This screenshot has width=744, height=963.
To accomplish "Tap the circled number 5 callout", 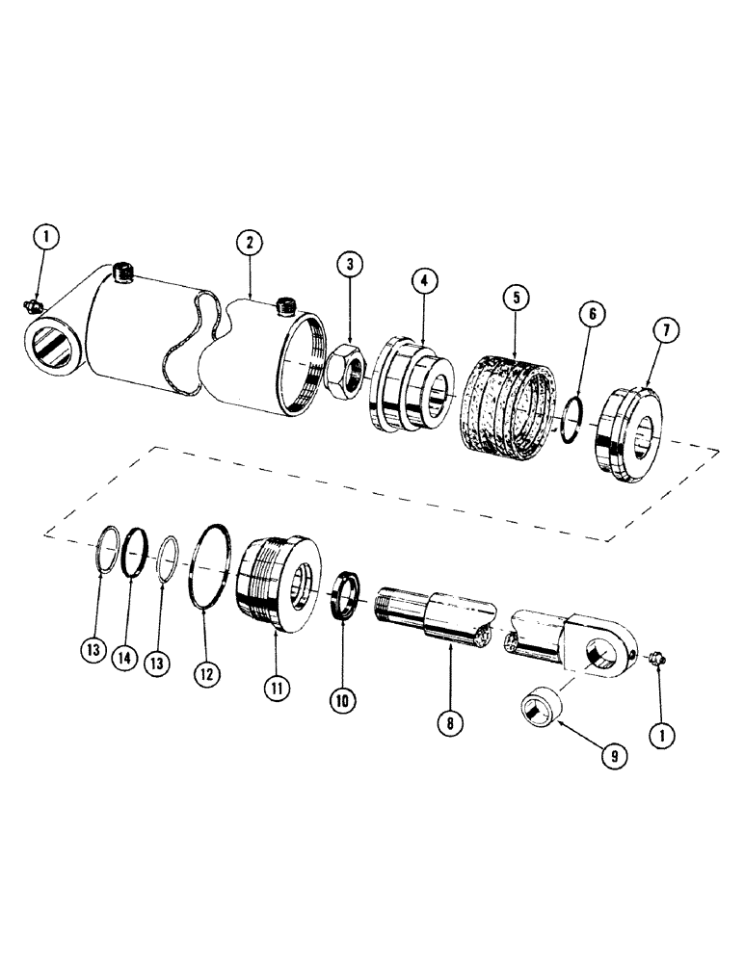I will [x=516, y=298].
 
